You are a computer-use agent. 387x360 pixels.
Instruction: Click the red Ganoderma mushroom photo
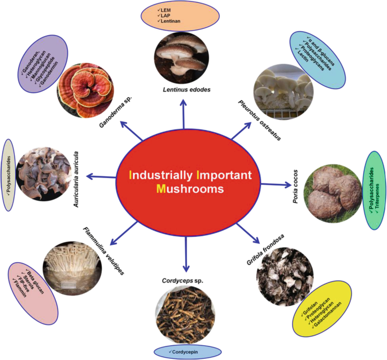click(85, 88)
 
